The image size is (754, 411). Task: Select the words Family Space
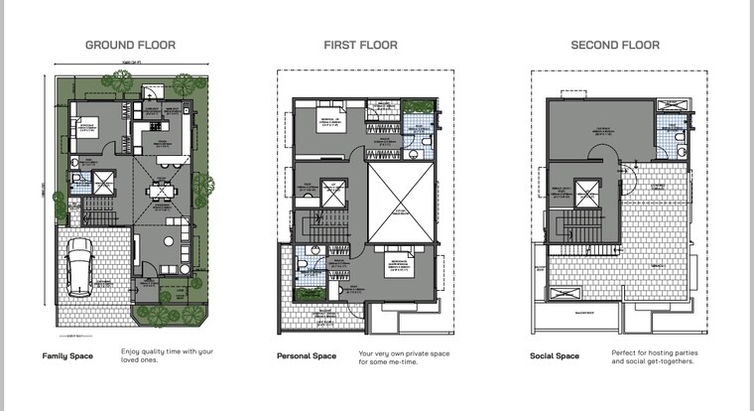tap(67, 355)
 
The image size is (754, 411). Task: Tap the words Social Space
tap(555, 355)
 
